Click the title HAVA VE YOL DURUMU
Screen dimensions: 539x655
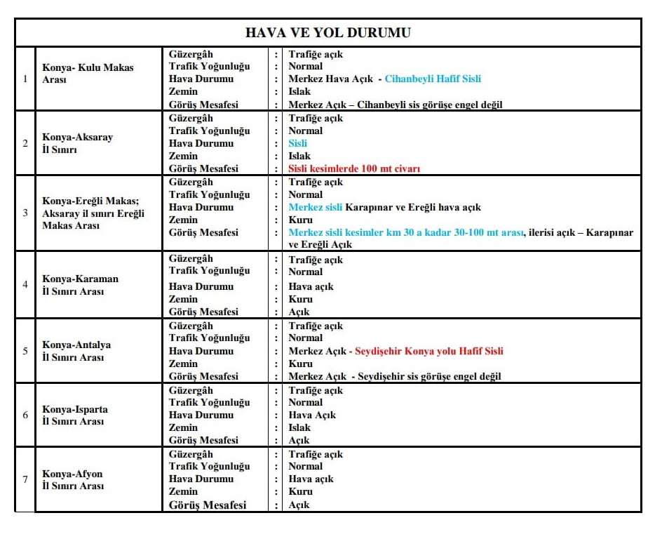coord(327,33)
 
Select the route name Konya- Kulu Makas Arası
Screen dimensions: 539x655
coord(88,74)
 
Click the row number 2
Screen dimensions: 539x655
coord(25,143)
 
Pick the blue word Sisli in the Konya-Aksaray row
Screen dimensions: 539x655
coord(297,143)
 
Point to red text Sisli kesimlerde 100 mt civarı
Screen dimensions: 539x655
coord(354,168)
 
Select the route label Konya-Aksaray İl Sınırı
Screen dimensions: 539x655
coord(77,143)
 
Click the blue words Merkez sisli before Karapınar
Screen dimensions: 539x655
coord(316,207)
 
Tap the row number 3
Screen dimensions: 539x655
coord(25,213)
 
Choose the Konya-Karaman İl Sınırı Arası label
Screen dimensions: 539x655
coord(80,285)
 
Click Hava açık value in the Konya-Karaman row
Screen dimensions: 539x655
coord(311,286)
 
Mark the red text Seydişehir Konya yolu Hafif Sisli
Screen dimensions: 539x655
coord(429,351)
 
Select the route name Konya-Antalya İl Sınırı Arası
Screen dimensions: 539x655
coord(76,351)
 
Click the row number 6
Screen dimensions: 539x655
coord(25,415)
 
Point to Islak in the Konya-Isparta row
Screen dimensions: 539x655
coord(299,427)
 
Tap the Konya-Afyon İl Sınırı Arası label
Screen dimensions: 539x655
coord(73,479)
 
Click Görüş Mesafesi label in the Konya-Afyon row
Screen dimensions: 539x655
coord(208,505)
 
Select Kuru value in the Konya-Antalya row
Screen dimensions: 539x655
coord(300,364)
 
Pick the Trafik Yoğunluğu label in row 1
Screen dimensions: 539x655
coord(209,67)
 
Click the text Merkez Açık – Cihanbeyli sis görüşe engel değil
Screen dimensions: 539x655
coord(395,105)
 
